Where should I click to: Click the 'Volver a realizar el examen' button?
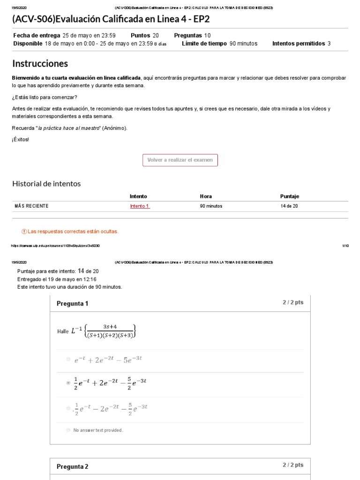pos(180,160)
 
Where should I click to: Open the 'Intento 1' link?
pos(140,206)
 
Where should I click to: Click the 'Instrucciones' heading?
pos(40,63)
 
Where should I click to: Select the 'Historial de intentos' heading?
pos(46,184)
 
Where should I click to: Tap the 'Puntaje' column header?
pos(289,196)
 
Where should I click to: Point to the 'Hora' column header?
pos(206,196)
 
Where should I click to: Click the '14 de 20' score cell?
pos(289,206)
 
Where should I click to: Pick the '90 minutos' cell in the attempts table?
pos(211,206)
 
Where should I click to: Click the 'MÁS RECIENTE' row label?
pos(31,206)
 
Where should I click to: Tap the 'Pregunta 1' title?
pos(72,304)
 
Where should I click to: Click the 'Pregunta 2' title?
pos(72,466)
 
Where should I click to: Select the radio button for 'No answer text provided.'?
pos(68,430)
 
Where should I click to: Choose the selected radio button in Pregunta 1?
pos(68,383)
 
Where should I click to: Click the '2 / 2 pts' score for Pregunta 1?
pos(293,302)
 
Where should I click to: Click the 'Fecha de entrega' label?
pos(37,35)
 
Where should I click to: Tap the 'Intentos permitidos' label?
pos(299,44)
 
